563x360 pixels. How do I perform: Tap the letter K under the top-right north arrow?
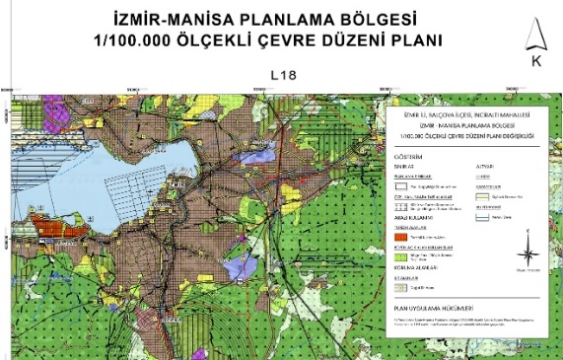pos(536,61)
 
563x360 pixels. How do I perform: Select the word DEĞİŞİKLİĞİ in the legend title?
pos(512,134)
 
